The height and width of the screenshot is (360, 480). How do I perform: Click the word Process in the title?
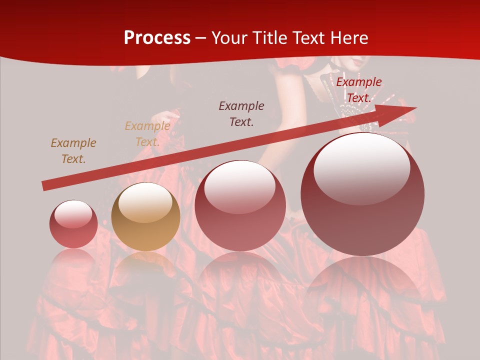coord(157,38)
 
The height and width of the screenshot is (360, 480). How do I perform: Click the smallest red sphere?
coord(73,224)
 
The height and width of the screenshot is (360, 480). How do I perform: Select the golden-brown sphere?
coord(145,217)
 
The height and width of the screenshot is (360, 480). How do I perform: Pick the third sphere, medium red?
coord(240,205)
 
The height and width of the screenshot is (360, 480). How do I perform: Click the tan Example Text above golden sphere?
coord(147,134)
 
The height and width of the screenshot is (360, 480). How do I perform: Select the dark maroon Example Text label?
coord(241,113)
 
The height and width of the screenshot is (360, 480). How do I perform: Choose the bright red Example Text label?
coord(358,90)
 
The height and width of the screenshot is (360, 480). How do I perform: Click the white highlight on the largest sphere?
coord(361,168)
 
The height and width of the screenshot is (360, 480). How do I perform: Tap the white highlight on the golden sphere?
coord(145,202)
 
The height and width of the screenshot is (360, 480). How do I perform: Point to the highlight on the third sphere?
coord(239,187)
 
